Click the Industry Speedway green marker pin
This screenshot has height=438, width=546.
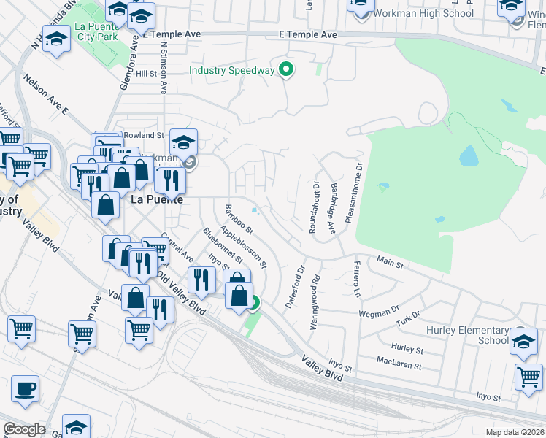click(286, 71)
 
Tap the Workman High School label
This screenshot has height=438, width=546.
click(423, 13)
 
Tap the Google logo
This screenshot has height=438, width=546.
click(24, 429)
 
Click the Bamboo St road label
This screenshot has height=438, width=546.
click(238, 218)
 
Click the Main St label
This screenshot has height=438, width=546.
click(390, 260)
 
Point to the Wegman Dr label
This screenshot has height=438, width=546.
click(377, 312)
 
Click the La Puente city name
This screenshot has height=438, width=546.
click(155, 199)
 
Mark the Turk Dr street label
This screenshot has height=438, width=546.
click(408, 318)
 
